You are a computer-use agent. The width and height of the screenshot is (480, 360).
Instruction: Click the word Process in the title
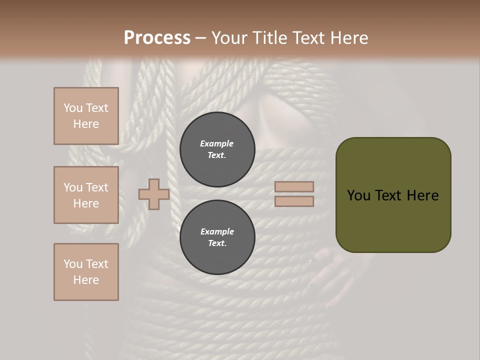157,38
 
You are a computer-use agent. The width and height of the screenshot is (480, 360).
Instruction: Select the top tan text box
86,116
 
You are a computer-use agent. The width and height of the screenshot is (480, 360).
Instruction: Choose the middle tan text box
86,195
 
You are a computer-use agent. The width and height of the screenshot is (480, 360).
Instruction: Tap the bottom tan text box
86,272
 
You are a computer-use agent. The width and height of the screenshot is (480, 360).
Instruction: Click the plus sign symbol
154,194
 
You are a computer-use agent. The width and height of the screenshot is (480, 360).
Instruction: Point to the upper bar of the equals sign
294,186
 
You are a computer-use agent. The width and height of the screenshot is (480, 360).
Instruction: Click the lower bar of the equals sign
294,201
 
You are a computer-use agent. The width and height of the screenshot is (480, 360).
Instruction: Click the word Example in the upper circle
217,143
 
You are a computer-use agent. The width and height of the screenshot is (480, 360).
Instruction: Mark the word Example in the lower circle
217,231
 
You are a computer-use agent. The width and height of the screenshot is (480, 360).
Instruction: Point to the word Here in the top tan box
86,124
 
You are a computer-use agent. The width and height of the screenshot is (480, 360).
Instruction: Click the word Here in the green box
423,195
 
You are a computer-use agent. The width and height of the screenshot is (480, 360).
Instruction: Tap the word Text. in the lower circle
217,243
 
